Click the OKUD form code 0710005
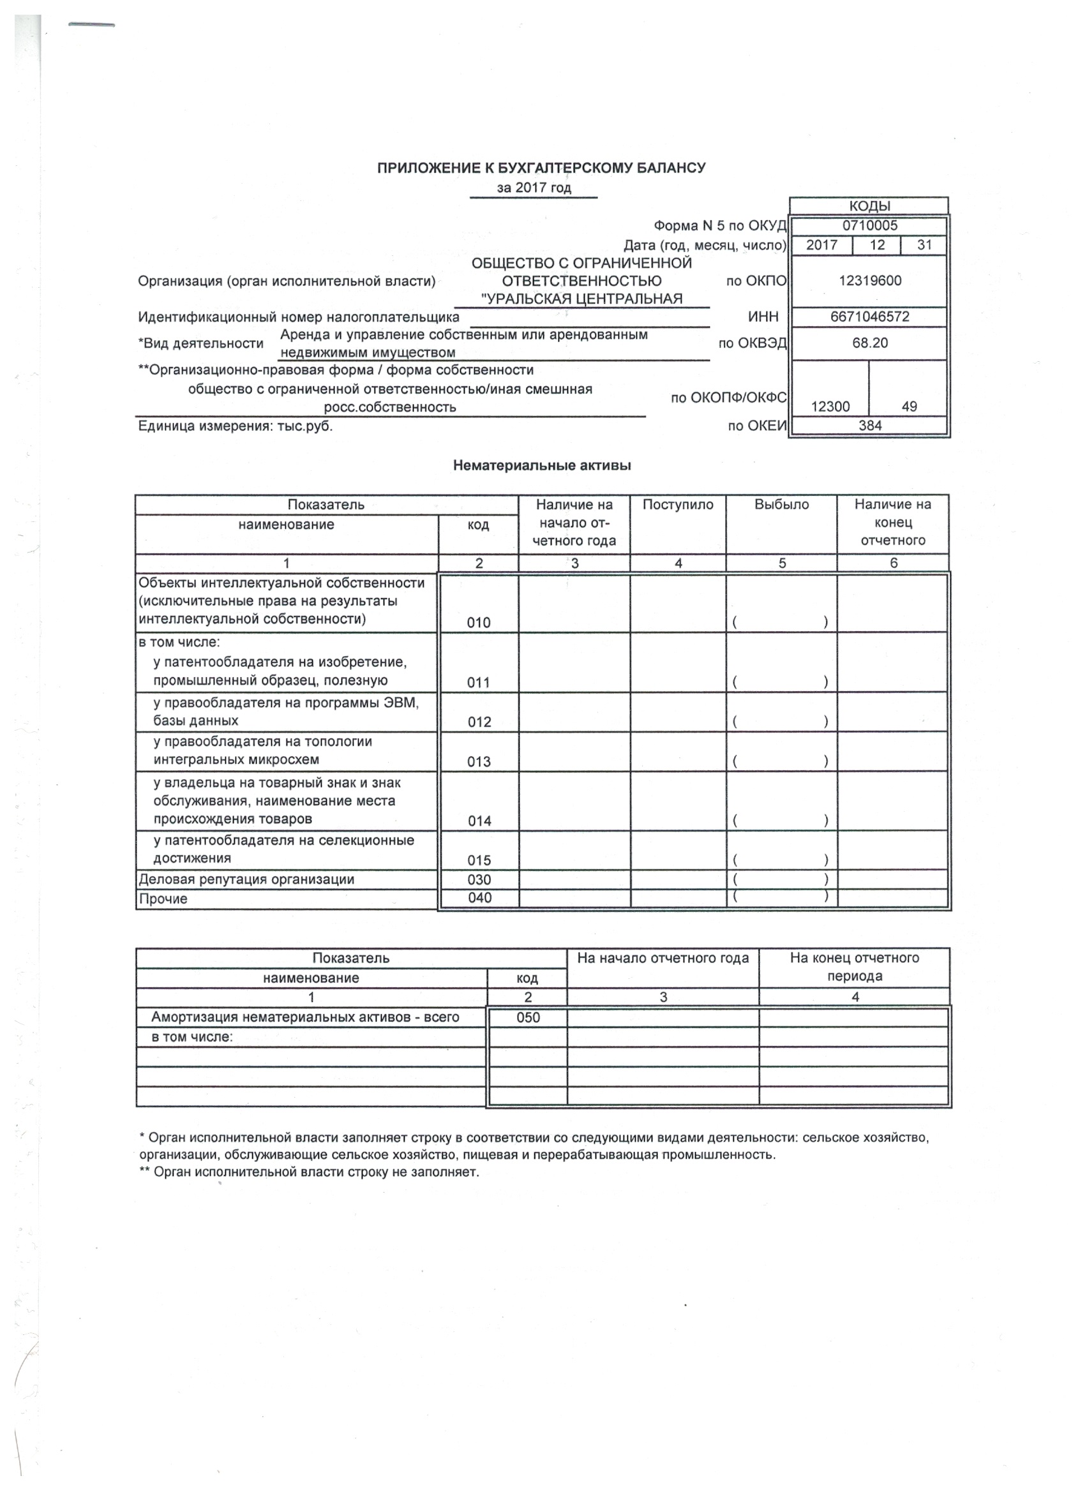click(869, 226)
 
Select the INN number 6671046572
click(869, 317)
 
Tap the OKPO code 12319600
click(869, 281)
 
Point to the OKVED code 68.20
click(869, 343)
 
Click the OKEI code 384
click(869, 426)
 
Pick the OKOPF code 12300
click(830, 407)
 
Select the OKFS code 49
click(909, 407)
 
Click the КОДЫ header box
click(869, 206)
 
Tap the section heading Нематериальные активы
click(541, 466)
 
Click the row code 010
click(478, 622)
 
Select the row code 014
click(479, 820)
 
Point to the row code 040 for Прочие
click(479, 898)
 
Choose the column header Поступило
click(678, 505)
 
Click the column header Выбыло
click(781, 505)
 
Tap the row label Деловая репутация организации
click(246, 879)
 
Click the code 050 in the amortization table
click(528, 1018)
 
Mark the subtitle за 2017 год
click(534, 188)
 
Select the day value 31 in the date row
click(924, 246)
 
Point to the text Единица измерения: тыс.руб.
click(236, 426)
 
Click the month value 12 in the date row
click(876, 246)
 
